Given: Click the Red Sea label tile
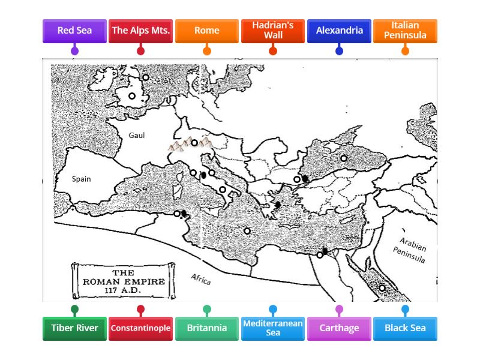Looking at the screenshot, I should click(74, 31).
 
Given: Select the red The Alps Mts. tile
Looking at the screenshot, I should click(141, 31).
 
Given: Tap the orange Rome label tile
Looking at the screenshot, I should click(207, 31).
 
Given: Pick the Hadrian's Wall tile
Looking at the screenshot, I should click(273, 31).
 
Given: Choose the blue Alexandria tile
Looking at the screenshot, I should click(339, 31).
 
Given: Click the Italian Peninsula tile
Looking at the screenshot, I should click(405, 31).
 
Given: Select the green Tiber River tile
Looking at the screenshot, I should click(74, 328).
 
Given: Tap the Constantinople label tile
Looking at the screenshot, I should click(141, 328).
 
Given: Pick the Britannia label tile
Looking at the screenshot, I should click(207, 328).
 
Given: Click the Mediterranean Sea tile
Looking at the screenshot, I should click(273, 328).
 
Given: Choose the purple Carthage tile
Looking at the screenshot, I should click(339, 328).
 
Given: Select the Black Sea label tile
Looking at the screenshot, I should click(405, 328).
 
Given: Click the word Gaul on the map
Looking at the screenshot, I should click(137, 135).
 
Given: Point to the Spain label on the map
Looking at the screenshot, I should click(81, 179).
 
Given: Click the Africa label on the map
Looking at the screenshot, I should click(201, 279).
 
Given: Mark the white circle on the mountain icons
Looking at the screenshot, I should click(194, 143).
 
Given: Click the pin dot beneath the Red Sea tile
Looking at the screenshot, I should click(74, 51).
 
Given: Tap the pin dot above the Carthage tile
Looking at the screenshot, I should click(339, 310).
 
